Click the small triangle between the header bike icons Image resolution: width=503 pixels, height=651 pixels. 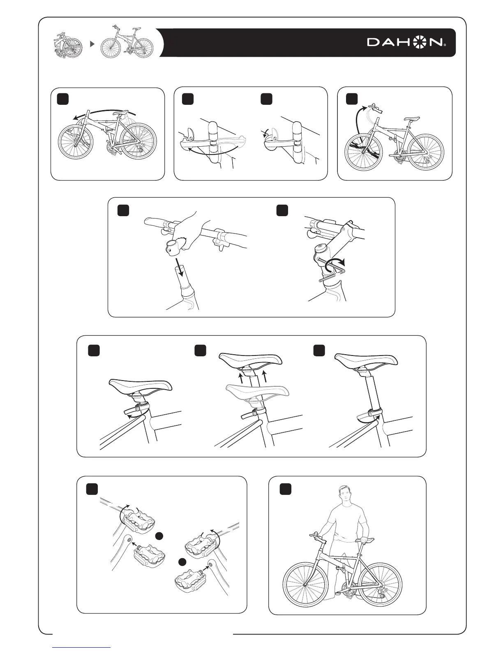(x=92, y=44)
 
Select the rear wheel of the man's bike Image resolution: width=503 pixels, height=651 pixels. (x=380, y=584)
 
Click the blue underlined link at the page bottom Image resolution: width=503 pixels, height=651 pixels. (x=82, y=647)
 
